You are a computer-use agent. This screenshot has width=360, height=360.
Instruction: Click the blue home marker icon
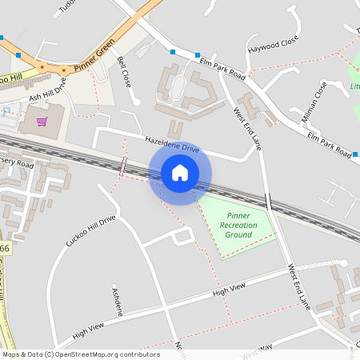pos(180,173)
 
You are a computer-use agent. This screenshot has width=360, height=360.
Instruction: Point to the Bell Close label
pos(124,71)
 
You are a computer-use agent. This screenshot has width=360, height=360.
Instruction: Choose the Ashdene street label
pos(117,301)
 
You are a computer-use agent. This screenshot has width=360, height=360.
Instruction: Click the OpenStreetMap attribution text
pos(81,354)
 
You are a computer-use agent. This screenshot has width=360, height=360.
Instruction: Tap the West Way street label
pos(256,350)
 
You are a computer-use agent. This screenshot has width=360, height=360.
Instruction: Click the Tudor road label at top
pos(69,7)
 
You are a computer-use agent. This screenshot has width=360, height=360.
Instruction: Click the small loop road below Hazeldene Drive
pos(182,236)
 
